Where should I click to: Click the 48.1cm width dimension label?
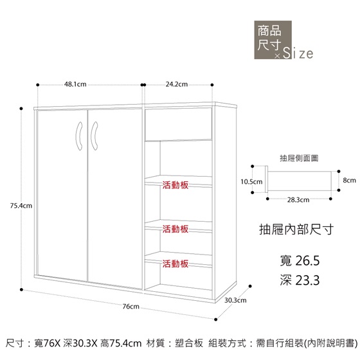click(x=75, y=84)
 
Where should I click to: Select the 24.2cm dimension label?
click(x=177, y=84)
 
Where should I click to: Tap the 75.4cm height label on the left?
click(x=21, y=206)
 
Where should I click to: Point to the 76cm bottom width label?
click(x=131, y=306)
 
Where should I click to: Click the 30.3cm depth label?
click(x=235, y=300)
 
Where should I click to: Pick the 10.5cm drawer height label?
click(x=251, y=182)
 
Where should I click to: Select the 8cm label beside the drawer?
click(x=350, y=180)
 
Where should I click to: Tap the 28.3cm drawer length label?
click(x=298, y=200)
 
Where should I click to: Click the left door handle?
click(x=79, y=136)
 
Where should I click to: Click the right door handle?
click(x=94, y=136)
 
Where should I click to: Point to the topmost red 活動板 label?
click(x=175, y=185)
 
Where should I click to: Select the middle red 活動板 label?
click(x=175, y=229)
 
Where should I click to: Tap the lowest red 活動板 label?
click(x=175, y=264)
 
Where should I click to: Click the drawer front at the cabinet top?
click(x=179, y=124)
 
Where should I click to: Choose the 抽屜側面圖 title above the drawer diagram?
click(x=299, y=158)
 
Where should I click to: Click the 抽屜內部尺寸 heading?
click(x=296, y=230)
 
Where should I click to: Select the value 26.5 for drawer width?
click(x=307, y=260)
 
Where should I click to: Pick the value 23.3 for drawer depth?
click(x=307, y=280)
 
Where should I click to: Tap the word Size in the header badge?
click(x=298, y=53)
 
